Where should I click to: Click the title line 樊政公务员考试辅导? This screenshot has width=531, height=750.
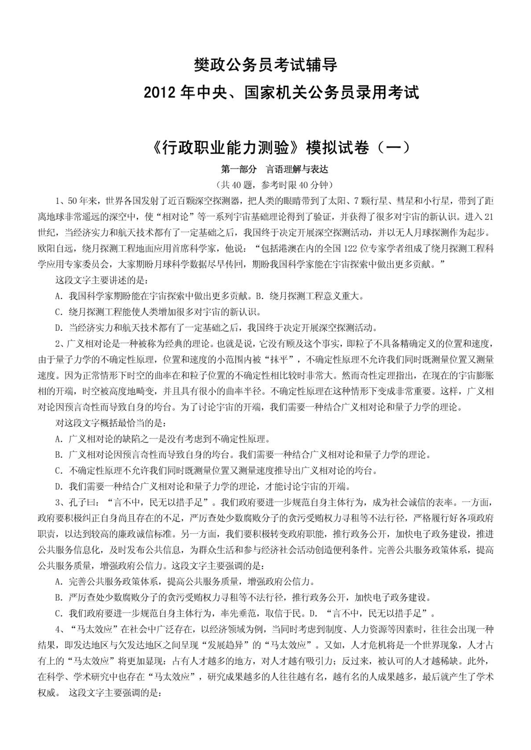(x=265, y=65)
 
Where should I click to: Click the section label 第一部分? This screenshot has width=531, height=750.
(x=239, y=170)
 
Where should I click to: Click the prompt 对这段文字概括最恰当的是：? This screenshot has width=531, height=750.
(x=110, y=424)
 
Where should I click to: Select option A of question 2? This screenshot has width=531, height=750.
(x=162, y=439)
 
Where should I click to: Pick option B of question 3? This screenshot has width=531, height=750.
(x=243, y=598)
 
